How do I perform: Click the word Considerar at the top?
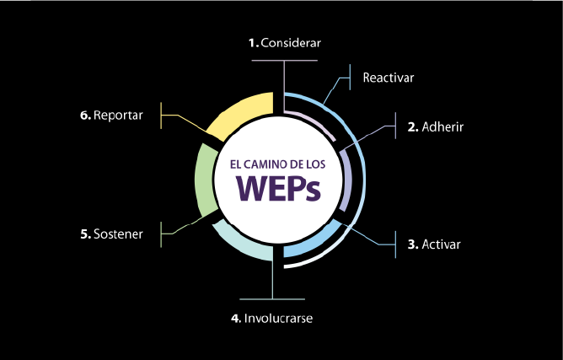coord(292,42)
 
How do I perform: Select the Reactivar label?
coord(389,78)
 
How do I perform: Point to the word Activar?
coord(442,244)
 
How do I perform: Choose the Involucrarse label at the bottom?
coord(284,319)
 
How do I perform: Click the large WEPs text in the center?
coord(278,189)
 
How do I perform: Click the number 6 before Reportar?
coord(85,115)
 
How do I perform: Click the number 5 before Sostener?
coord(85,234)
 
